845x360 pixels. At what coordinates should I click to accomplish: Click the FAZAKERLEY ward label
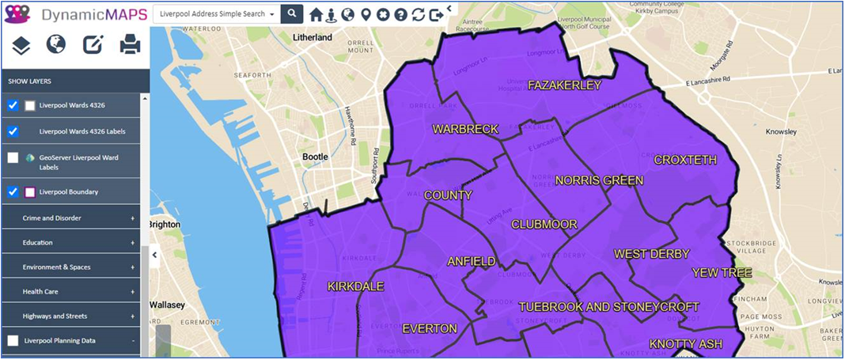(x=565, y=85)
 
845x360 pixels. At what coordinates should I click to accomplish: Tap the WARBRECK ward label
(x=465, y=128)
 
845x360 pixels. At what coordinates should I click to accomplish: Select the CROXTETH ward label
(x=685, y=160)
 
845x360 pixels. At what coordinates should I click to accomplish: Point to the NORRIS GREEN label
(x=599, y=180)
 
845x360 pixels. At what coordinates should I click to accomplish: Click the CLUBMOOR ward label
(x=544, y=225)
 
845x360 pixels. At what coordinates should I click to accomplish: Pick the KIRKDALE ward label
(x=355, y=286)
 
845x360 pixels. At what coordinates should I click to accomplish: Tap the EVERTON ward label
(x=430, y=328)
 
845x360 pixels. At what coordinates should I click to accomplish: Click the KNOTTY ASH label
(x=686, y=344)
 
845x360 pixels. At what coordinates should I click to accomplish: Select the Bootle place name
(x=316, y=157)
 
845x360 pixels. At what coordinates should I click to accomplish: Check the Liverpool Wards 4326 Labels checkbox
(x=13, y=131)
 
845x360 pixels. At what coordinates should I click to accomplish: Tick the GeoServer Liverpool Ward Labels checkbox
(x=13, y=157)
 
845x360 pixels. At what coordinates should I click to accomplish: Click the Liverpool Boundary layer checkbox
(x=13, y=191)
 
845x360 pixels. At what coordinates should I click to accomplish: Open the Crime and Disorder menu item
(x=52, y=218)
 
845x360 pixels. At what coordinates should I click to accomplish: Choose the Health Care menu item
(x=40, y=292)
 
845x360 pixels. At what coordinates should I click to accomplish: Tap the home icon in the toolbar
(x=316, y=15)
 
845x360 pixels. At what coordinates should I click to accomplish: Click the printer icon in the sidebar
(x=130, y=45)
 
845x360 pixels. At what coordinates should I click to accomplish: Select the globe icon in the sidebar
(x=56, y=45)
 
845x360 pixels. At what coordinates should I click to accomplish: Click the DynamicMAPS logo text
(x=93, y=14)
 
